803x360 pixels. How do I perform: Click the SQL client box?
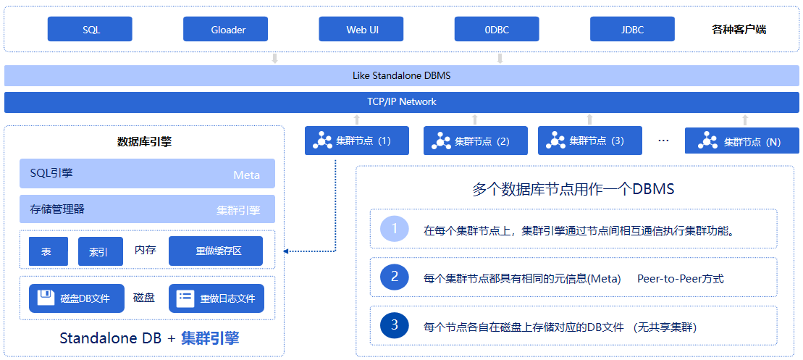[90, 29]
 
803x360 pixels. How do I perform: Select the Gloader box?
[226, 29]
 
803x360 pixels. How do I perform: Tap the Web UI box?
[361, 29]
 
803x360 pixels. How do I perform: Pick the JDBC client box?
[632, 29]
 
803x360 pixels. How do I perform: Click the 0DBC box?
[497, 29]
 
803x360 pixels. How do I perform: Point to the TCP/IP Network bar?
[401, 102]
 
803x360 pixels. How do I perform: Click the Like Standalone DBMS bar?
[401, 76]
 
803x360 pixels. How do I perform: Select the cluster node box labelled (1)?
[357, 141]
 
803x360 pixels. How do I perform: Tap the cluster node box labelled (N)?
[743, 141]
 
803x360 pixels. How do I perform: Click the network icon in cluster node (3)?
[555, 141]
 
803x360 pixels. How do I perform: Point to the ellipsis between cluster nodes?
[663, 141]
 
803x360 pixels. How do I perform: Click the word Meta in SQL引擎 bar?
[246, 175]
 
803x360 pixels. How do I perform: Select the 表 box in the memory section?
[49, 251]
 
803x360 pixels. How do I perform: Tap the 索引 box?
[101, 251]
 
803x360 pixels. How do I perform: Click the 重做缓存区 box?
[216, 251]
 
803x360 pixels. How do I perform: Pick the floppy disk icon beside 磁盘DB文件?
[46, 298]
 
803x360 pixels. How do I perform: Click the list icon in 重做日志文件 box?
[185, 298]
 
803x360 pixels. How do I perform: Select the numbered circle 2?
[395, 277]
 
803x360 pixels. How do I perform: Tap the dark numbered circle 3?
[395, 325]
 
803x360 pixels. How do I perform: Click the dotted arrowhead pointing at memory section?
[286, 251]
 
